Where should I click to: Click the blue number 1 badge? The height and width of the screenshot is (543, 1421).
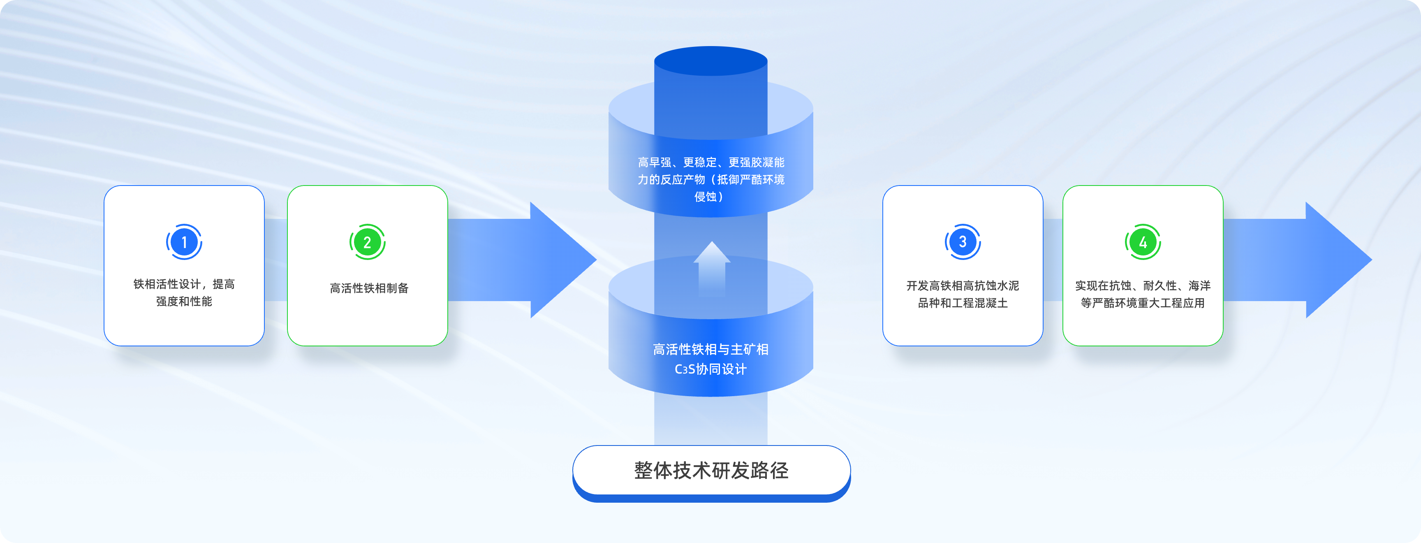(x=184, y=242)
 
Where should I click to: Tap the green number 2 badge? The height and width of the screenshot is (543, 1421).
(x=368, y=242)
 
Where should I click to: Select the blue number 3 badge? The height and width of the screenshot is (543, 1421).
(x=963, y=242)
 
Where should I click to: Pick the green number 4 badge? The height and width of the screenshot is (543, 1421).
(x=1143, y=242)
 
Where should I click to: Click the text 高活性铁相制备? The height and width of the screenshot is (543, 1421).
(x=369, y=288)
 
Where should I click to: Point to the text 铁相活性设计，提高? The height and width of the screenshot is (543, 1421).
(x=184, y=284)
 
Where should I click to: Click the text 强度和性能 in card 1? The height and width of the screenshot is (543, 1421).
(x=184, y=301)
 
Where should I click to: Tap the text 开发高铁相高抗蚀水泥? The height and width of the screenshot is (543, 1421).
(x=963, y=286)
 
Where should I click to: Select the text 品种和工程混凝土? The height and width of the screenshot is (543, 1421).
(x=963, y=303)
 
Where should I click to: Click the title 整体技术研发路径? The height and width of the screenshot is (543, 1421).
(x=711, y=470)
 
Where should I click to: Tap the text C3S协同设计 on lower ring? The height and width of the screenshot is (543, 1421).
(x=710, y=369)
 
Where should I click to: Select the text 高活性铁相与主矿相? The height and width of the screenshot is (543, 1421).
(x=710, y=349)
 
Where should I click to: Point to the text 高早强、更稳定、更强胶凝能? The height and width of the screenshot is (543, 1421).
(x=710, y=162)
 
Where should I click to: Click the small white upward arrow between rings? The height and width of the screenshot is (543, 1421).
(x=712, y=268)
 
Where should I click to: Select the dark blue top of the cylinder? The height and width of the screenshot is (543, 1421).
(x=710, y=61)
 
